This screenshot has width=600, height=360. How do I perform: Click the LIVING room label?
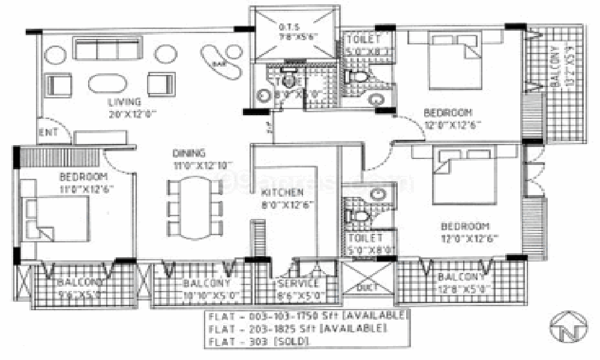(x=125, y=101)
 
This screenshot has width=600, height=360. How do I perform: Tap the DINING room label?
(x=188, y=153)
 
